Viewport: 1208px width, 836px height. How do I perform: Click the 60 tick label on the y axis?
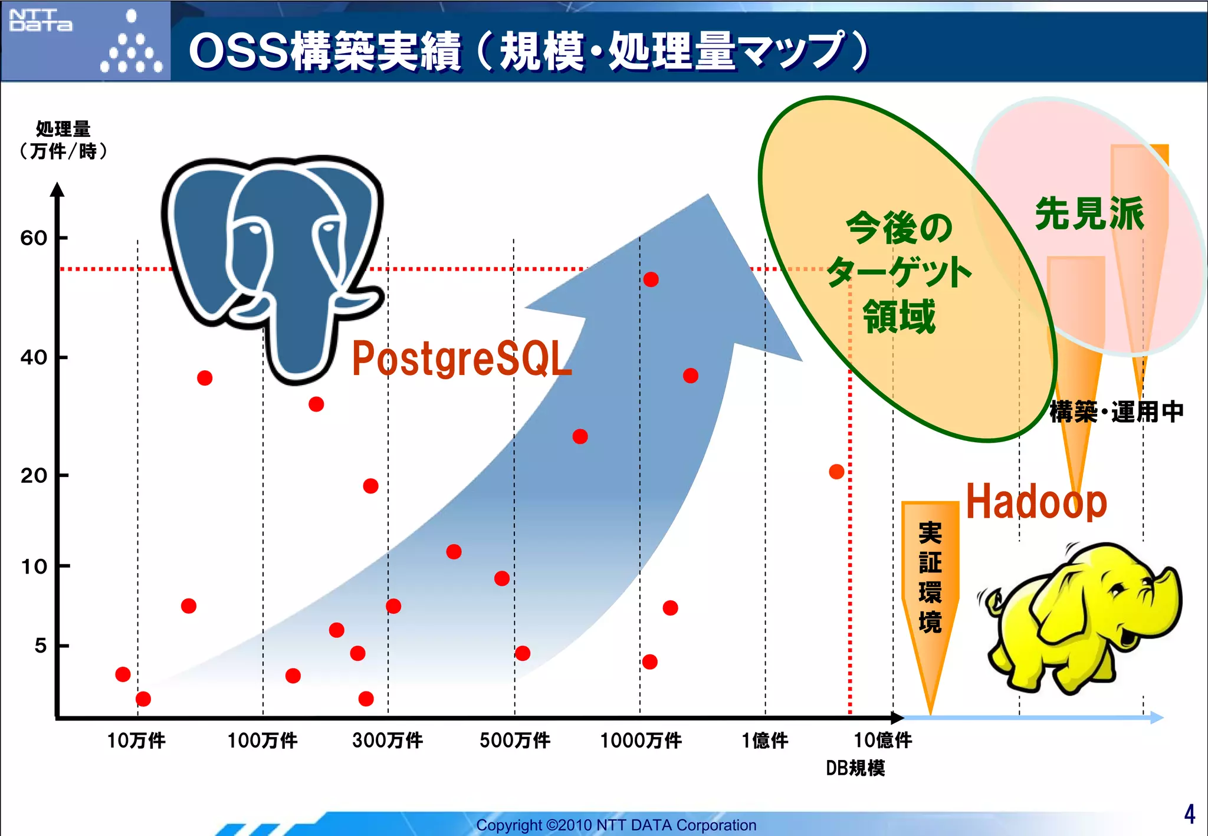pyautogui.click(x=34, y=238)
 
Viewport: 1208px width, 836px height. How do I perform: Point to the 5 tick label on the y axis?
pyautogui.click(x=40, y=646)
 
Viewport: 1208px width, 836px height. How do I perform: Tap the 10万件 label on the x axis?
pyautogui.click(x=136, y=740)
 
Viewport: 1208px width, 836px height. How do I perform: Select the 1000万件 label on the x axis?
pyautogui.click(x=641, y=740)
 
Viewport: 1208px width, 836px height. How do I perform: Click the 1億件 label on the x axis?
pyautogui.click(x=764, y=740)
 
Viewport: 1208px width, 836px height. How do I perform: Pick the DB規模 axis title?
pyautogui.click(x=855, y=768)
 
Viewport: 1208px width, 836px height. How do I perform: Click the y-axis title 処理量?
pyautogui.click(x=63, y=129)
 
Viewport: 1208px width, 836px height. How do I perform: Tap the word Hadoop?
pyautogui.click(x=1036, y=502)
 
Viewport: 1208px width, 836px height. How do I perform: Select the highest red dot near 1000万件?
pyautogui.click(x=651, y=279)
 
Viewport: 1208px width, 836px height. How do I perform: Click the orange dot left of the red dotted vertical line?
pyautogui.click(x=836, y=472)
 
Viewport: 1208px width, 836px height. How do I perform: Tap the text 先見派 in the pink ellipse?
pyautogui.click(x=1089, y=213)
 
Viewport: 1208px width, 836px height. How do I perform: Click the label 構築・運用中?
pyautogui.click(x=1116, y=412)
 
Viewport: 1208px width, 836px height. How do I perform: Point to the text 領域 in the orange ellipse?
pyautogui.click(x=898, y=317)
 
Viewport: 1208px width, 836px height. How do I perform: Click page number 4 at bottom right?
pyautogui.click(x=1189, y=814)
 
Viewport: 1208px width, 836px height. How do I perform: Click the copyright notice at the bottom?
pyautogui.click(x=616, y=825)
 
